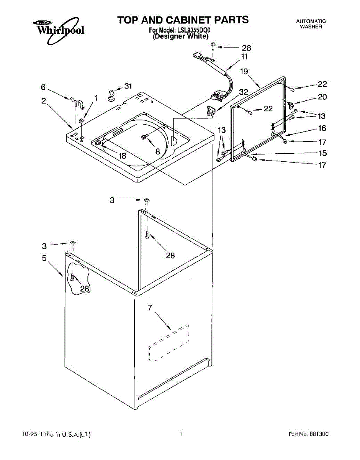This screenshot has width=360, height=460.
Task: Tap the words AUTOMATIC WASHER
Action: pyautogui.click(x=311, y=24)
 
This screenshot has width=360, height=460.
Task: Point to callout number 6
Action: pyautogui.click(x=44, y=87)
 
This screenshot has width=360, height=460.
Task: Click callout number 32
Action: pyautogui.click(x=244, y=92)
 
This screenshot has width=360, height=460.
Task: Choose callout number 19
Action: pyautogui.click(x=244, y=71)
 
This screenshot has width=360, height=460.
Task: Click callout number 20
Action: pyautogui.click(x=322, y=97)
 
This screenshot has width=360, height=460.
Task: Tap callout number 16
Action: pyautogui.click(x=322, y=128)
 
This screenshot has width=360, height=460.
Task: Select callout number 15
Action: pyautogui.click(x=322, y=153)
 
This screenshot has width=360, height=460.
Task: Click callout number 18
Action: pyautogui.click(x=122, y=156)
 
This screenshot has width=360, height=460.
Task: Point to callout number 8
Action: pyautogui.click(x=157, y=151)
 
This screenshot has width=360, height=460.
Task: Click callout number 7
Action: pyautogui.click(x=150, y=307)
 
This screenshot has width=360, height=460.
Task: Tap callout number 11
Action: pyautogui.click(x=244, y=57)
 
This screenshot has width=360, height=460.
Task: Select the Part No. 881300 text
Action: pyautogui.click(x=308, y=434)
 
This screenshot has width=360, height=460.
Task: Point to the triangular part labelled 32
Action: pyautogui.click(x=210, y=110)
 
